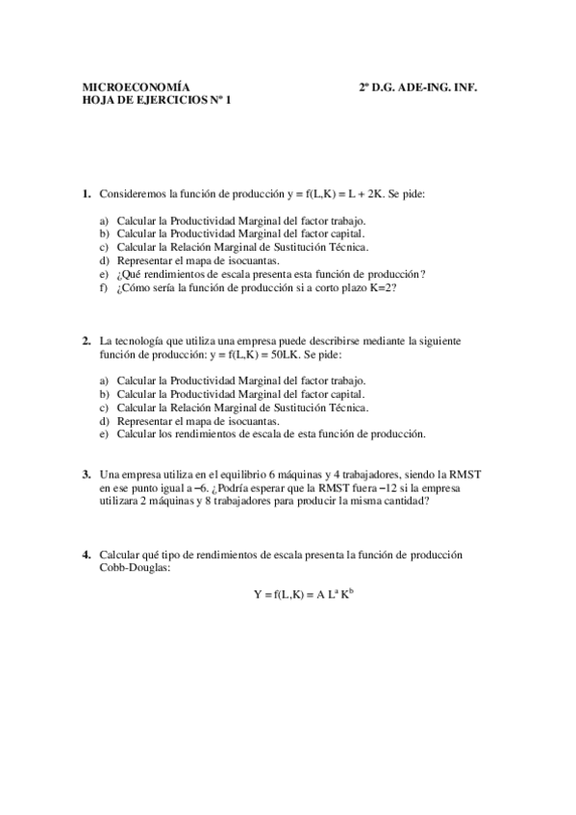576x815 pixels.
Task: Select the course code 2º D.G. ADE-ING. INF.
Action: point(418,86)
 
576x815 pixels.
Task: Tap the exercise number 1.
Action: point(86,193)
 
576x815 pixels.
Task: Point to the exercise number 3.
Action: point(86,474)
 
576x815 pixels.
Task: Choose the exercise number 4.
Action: point(86,555)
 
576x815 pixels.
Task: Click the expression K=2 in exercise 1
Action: point(383,287)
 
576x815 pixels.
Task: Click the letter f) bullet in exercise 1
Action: point(104,287)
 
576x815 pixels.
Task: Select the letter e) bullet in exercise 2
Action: point(104,433)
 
